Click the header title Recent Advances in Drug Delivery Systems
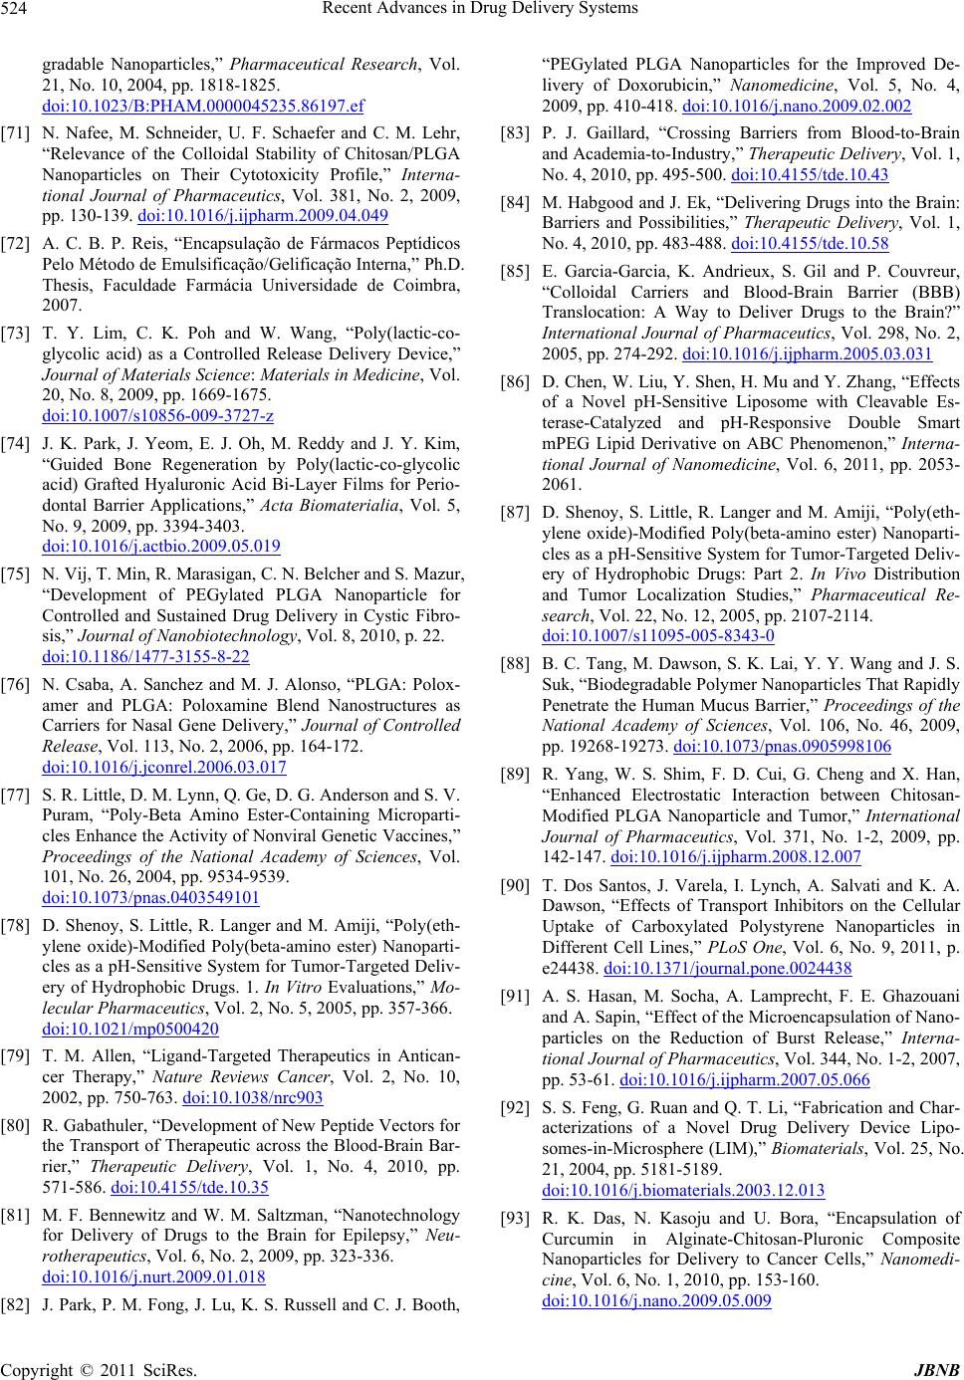coord(481,10)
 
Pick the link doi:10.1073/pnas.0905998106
coord(782,746)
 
